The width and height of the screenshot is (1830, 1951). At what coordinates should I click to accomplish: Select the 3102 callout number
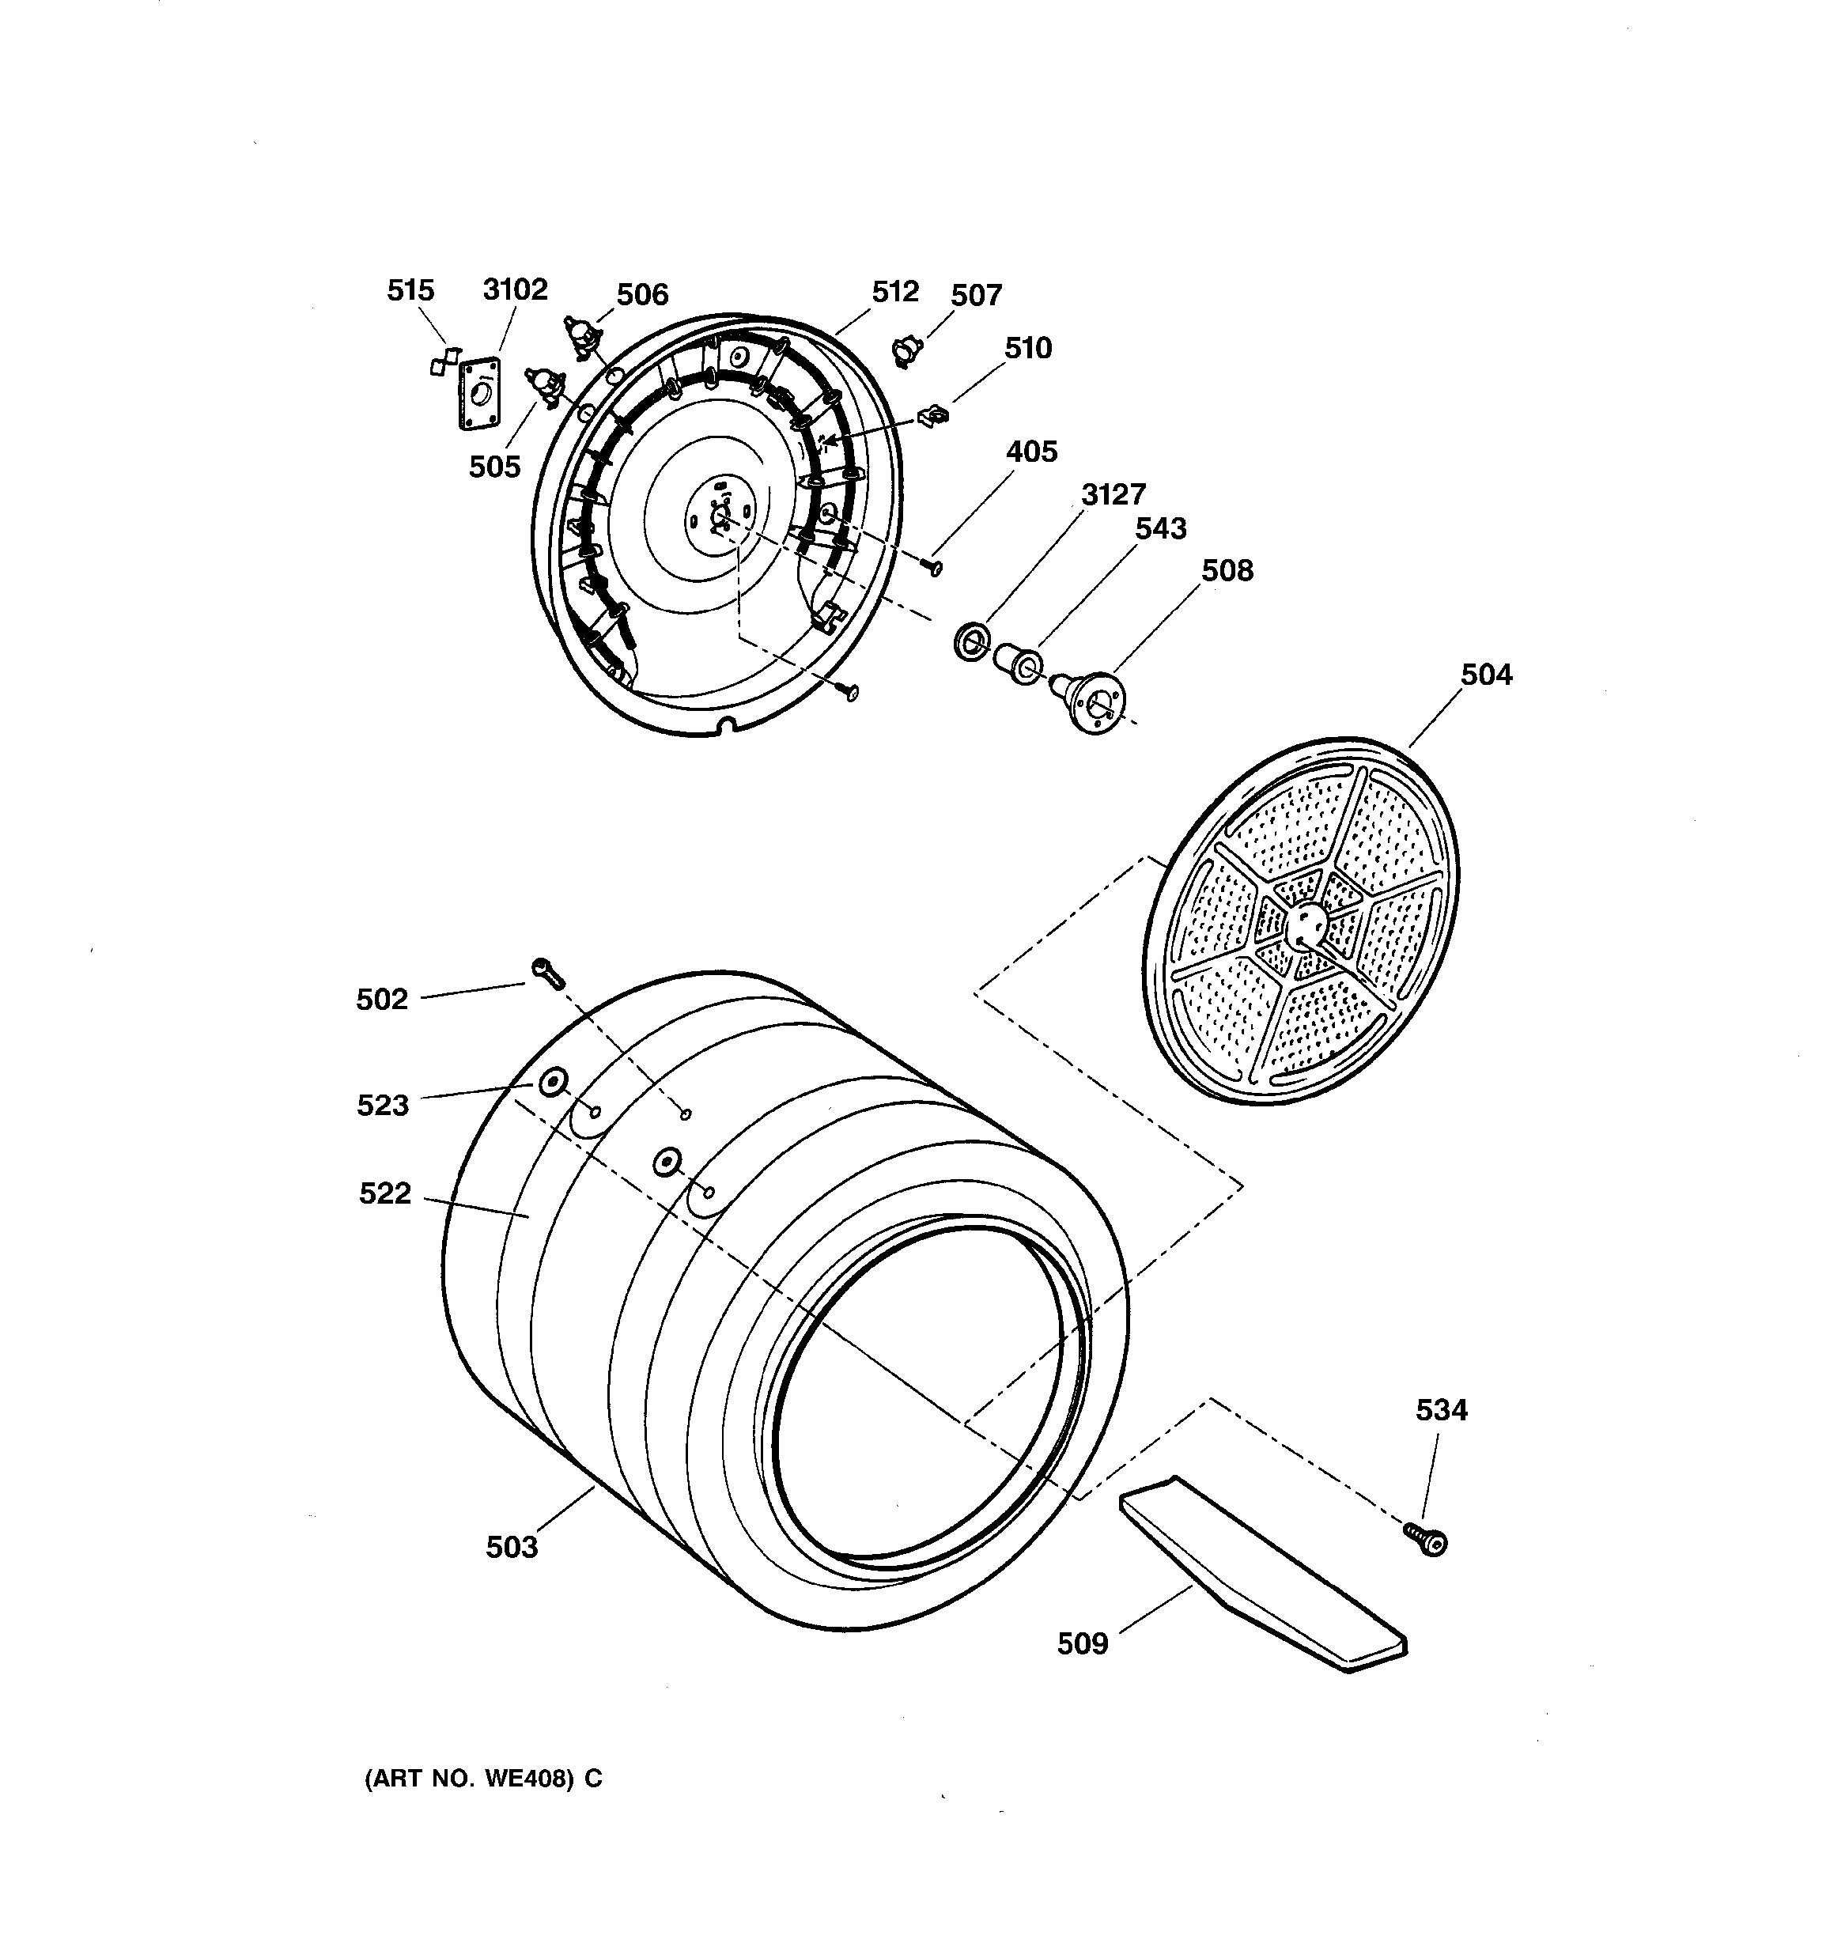click(x=514, y=289)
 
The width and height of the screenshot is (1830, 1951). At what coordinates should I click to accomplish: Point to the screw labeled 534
click(x=1427, y=1540)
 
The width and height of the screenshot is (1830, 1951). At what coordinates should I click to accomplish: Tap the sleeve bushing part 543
click(x=1018, y=664)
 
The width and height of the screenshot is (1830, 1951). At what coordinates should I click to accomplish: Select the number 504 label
click(x=1485, y=675)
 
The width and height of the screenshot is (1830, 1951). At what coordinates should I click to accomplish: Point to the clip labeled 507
click(x=908, y=350)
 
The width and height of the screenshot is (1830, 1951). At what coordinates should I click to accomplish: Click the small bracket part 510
click(x=933, y=416)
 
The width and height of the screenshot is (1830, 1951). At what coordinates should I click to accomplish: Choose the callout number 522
click(x=384, y=1193)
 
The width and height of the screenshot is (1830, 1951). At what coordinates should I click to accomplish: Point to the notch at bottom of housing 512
click(x=725, y=725)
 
